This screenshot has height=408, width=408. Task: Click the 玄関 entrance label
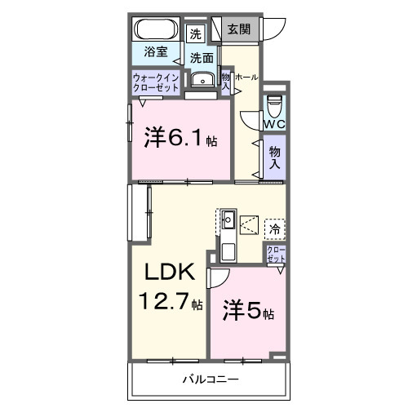pyautogui.click(x=240, y=30)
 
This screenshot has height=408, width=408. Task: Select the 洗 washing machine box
pyautogui.click(x=194, y=34)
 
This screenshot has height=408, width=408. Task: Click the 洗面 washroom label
pyautogui.click(x=202, y=58)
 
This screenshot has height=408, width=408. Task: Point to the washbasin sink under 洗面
pyautogui.click(x=201, y=79)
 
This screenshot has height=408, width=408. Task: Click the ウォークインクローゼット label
pyautogui.click(x=155, y=82)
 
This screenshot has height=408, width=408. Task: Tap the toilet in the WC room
pyautogui.click(x=275, y=104)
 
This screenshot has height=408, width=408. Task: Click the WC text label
pyautogui.click(x=274, y=123)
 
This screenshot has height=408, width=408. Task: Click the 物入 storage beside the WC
pyautogui.click(x=274, y=157)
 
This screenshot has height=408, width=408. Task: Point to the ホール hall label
pyautogui.click(x=246, y=78)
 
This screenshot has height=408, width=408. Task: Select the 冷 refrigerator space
pyautogui.click(x=275, y=229)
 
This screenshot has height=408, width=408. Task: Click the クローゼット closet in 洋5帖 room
pyautogui.click(x=276, y=253)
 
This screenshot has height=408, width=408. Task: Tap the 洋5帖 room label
pyautogui.click(x=248, y=313)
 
